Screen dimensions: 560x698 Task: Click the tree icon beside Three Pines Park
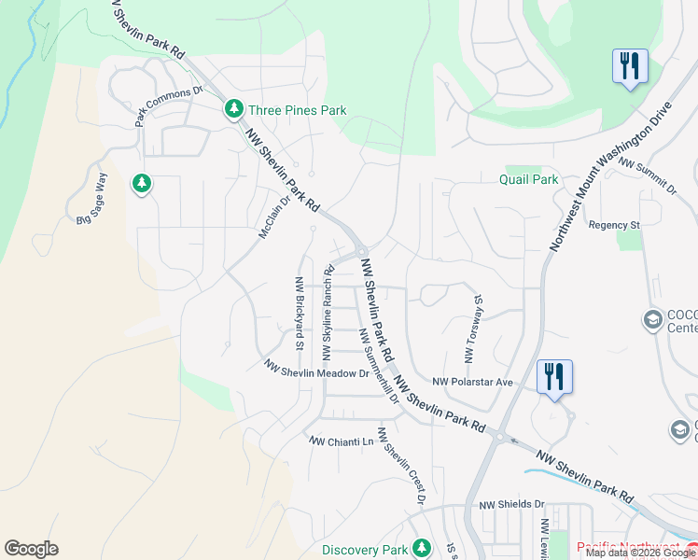(x=234, y=110)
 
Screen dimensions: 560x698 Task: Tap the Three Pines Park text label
(x=297, y=110)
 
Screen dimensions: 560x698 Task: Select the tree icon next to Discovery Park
(x=422, y=548)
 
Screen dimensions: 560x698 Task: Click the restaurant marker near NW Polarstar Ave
(x=555, y=377)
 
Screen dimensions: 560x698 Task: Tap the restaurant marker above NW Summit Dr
(x=630, y=66)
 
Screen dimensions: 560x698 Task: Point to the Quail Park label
(x=527, y=179)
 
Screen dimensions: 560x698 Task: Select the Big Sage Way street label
(x=92, y=200)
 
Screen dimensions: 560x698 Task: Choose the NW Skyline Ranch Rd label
(x=328, y=314)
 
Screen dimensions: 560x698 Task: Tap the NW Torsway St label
(x=470, y=330)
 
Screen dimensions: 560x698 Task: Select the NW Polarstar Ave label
(x=473, y=382)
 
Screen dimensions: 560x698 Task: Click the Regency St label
(x=613, y=225)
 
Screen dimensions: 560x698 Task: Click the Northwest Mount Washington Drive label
(x=611, y=176)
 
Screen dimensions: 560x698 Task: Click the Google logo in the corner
(x=31, y=549)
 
